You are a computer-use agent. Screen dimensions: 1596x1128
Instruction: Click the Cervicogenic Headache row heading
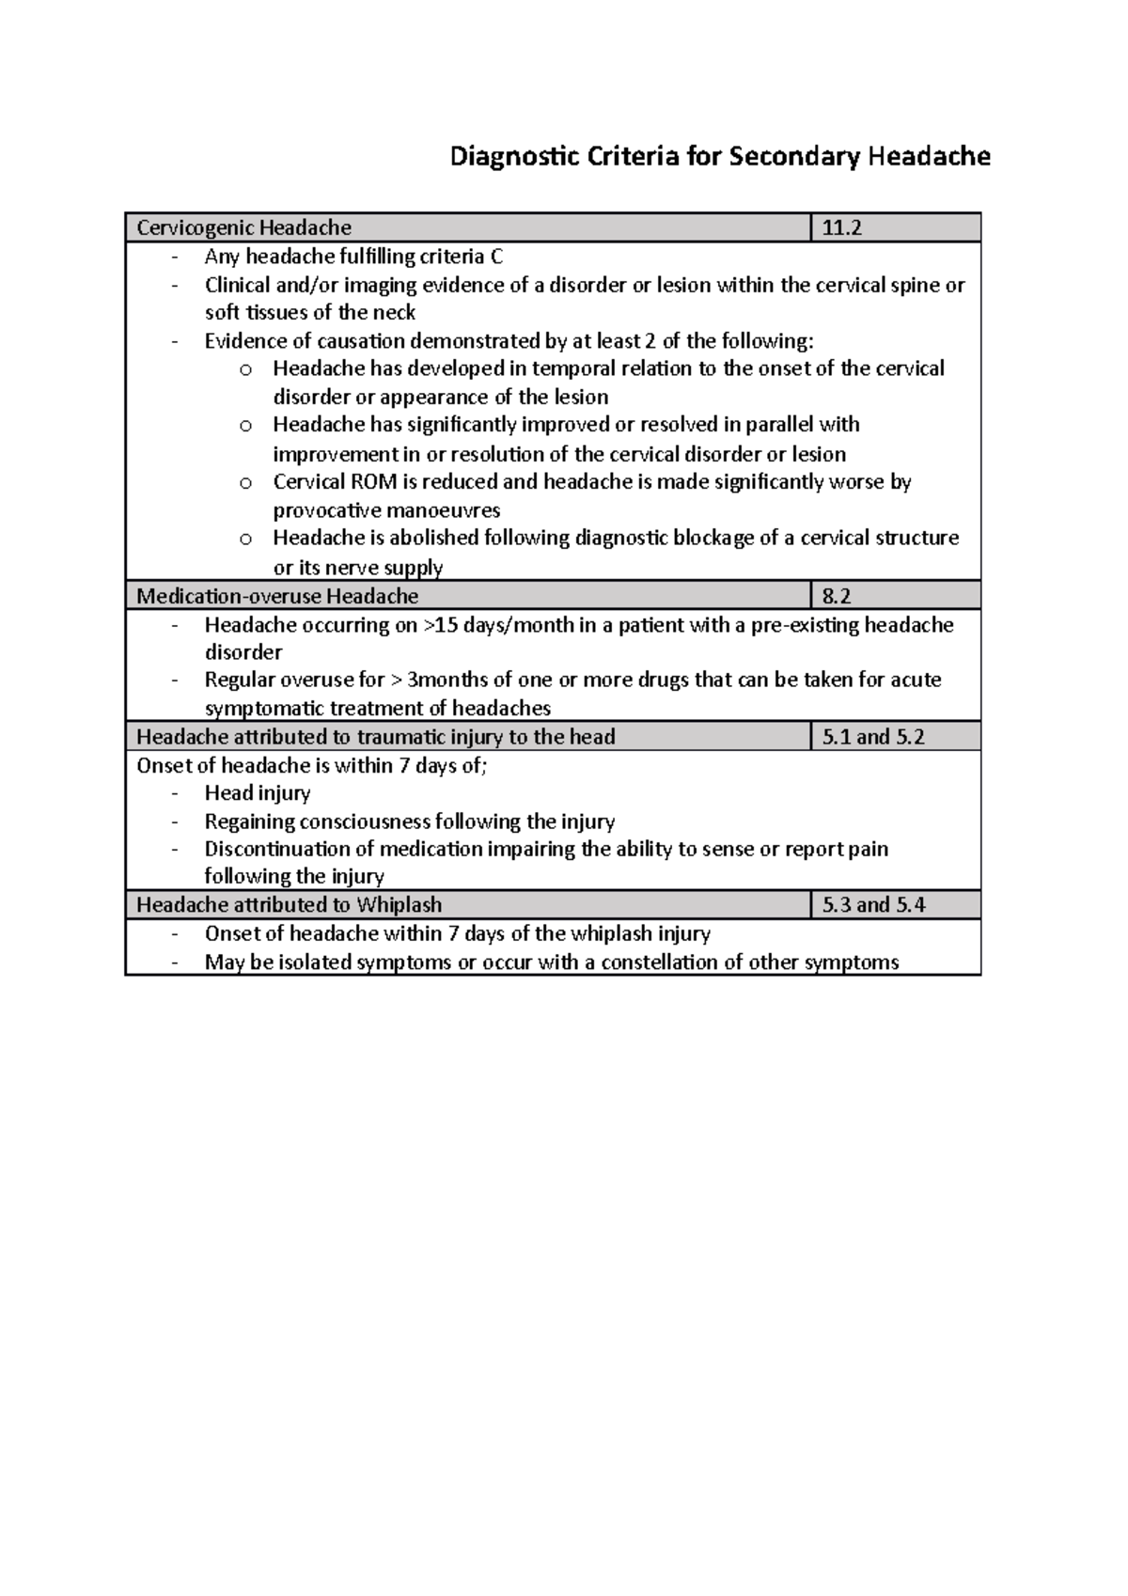tap(244, 228)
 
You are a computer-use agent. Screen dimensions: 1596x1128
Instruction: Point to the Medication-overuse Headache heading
tap(277, 596)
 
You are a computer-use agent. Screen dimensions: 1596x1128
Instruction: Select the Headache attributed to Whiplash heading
tap(289, 905)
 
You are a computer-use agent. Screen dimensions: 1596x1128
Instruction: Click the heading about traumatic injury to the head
tap(376, 737)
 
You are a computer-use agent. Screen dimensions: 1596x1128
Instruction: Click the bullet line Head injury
tap(257, 793)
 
